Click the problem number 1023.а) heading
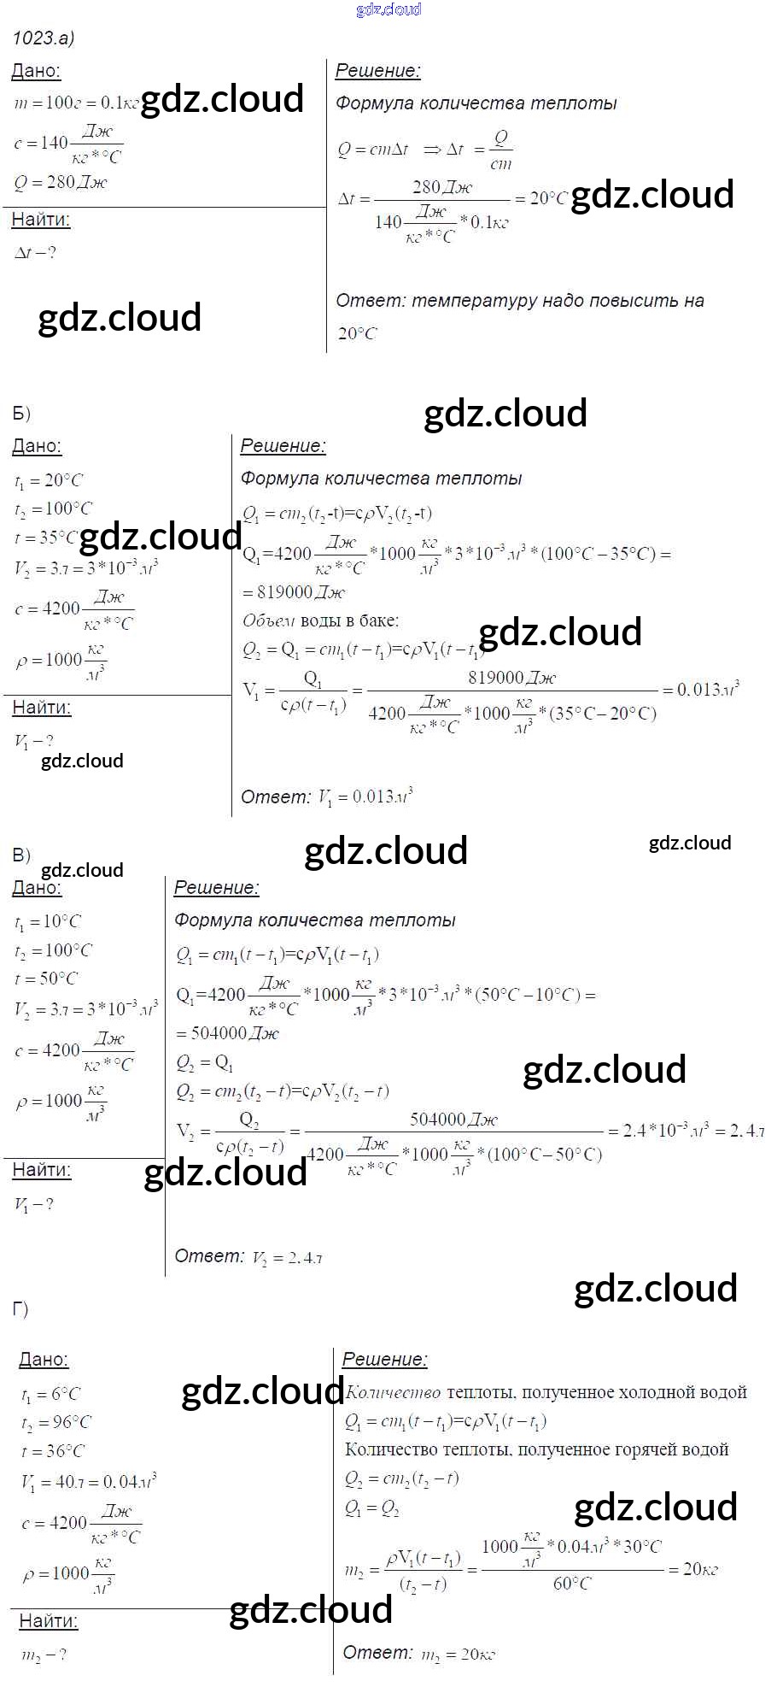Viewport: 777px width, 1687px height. [44, 38]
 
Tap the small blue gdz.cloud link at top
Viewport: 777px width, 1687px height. [388, 9]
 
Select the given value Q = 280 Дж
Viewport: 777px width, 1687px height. [61, 182]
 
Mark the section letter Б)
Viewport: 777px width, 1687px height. [21, 414]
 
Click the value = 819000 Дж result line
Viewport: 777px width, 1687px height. [295, 592]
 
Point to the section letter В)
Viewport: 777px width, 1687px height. [21, 855]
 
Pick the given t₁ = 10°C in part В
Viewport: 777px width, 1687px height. [48, 922]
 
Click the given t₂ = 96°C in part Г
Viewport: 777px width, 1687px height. [56, 1422]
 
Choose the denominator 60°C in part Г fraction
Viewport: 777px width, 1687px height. [572, 1584]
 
